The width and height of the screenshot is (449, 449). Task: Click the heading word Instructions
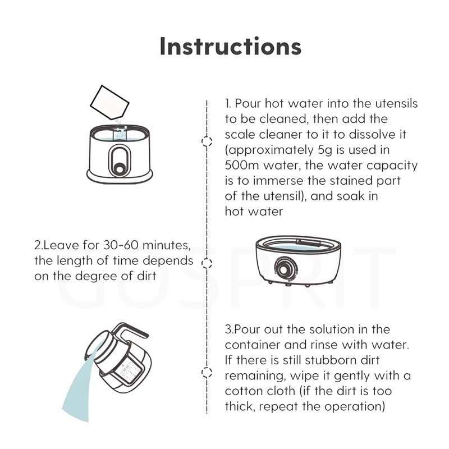231,46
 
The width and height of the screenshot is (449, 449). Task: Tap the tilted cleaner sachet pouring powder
109,103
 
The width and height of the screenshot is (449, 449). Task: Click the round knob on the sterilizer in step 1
119,168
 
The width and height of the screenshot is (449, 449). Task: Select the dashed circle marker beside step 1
207,141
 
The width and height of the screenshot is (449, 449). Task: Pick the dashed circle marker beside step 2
207,263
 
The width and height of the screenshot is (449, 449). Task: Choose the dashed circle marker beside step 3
207,372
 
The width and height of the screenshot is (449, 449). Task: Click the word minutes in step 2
166,246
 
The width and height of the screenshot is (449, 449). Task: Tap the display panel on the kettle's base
129,372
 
